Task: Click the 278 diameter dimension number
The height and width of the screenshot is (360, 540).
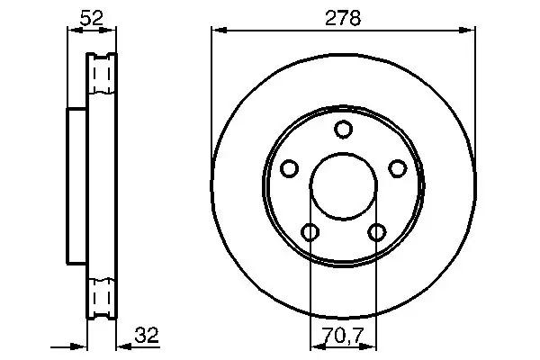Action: pos(343,18)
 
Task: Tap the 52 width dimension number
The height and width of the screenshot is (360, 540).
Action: pos(91,18)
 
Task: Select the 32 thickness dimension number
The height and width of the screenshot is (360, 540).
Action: pos(147,335)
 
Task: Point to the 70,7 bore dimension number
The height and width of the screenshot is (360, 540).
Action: pos(343,336)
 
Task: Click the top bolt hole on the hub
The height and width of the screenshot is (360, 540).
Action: pos(343,130)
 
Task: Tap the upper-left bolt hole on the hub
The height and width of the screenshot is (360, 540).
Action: pos(289,168)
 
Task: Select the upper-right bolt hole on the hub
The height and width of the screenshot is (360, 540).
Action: pos(398,168)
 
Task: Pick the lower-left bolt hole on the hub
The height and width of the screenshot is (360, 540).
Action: pos(310,232)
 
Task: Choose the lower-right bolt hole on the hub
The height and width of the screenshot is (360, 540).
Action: pos(377,232)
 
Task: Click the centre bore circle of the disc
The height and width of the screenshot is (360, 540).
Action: pos(343,153)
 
